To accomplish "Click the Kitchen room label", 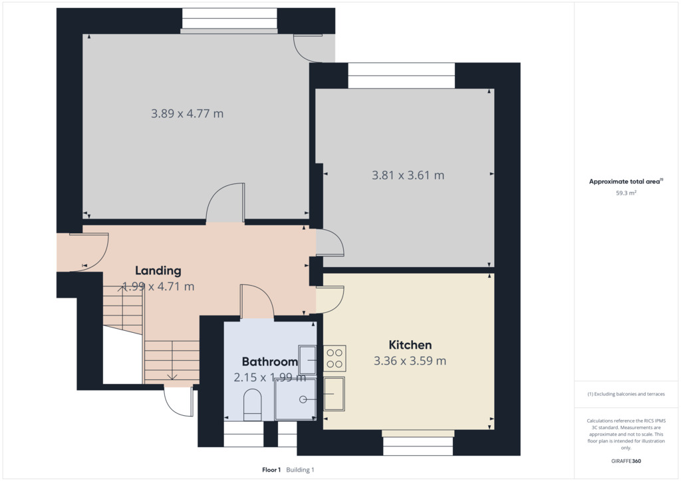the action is pos(410,345).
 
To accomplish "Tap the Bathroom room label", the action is pos(270,361).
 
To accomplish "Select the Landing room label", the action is pos(158,270).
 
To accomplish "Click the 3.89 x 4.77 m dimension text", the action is pos(187,114).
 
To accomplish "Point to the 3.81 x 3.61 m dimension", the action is pos(408,175).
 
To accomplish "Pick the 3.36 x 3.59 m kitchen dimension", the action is pos(410,361).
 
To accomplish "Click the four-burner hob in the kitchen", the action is pos(335,358).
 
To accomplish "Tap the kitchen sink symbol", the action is pos(334,394).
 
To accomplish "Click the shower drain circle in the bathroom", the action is pos(303,399).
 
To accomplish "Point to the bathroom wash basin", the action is pos(307,360).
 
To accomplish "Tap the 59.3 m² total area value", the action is pos(626,193).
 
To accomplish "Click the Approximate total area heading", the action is pos(626,181).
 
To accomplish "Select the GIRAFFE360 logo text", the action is pos(626,461).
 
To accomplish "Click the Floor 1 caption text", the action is pos(271,470).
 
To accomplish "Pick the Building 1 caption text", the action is pos(300,470).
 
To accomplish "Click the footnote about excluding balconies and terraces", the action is pos(626,394).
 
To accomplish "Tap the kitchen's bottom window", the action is pos(418,442).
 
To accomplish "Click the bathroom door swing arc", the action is pos(263,291).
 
